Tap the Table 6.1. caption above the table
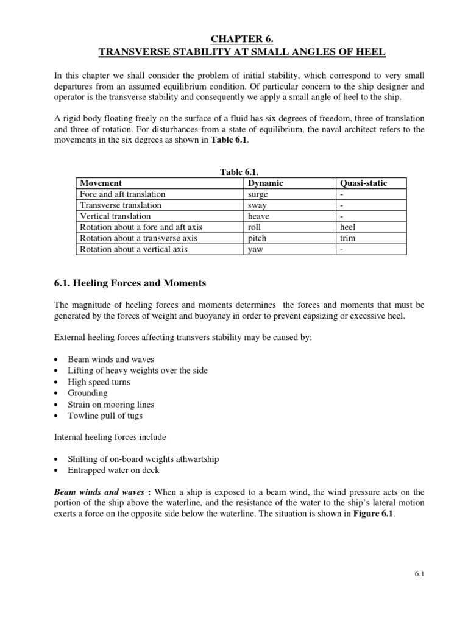(235, 172)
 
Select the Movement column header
(101, 183)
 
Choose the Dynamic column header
(266, 183)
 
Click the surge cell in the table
(258, 194)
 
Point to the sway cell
(258, 205)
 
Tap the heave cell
(259, 216)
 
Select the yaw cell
(256, 249)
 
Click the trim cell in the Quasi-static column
(349, 238)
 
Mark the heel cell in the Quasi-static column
(349, 227)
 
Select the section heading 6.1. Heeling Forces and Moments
(130, 283)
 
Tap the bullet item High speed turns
(99, 382)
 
